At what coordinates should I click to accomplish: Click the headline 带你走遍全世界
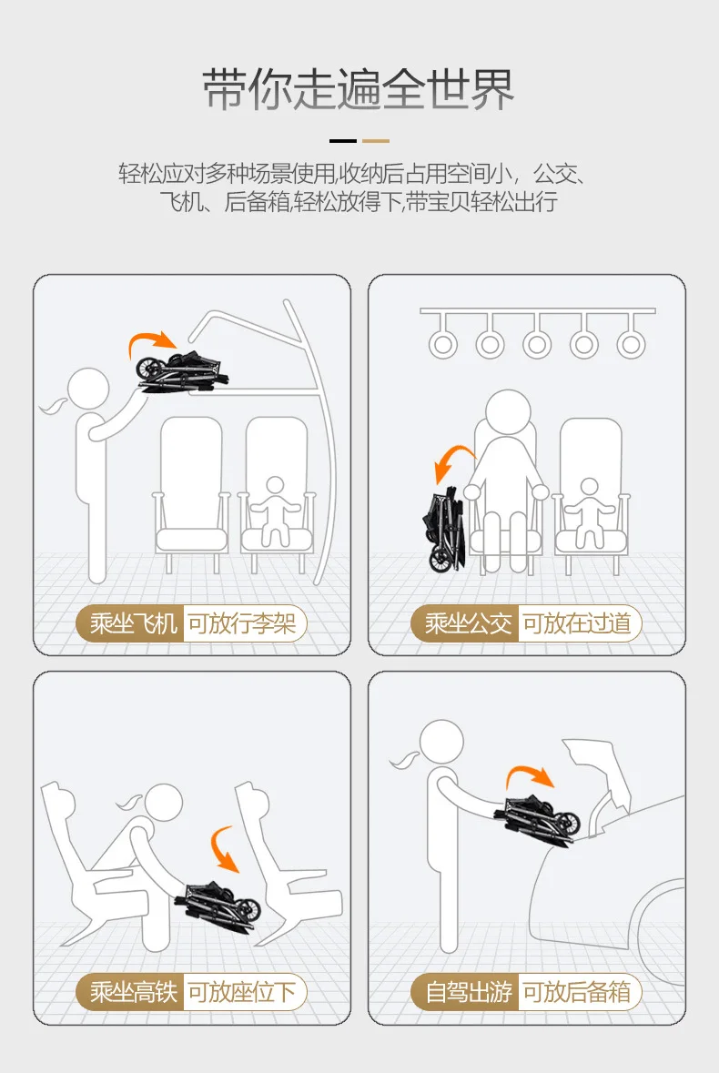tap(359, 90)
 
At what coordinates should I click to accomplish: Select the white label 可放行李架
tap(241, 623)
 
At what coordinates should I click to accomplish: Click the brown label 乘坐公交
tap(466, 623)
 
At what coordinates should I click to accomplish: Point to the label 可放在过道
tap(577, 623)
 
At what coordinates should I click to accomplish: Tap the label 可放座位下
tap(241, 992)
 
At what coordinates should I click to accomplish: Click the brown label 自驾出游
tap(466, 992)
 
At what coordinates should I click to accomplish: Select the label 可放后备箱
tap(577, 992)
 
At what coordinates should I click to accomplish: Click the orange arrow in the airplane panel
tap(147, 339)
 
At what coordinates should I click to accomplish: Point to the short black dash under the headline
tap(343, 141)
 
